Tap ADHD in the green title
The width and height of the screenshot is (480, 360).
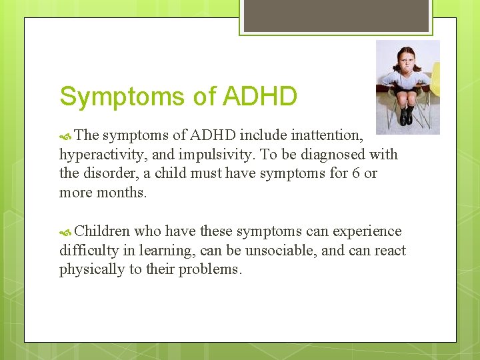click(x=260, y=97)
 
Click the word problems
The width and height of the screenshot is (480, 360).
click(x=210, y=269)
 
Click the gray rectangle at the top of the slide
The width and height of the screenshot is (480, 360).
click(x=335, y=15)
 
